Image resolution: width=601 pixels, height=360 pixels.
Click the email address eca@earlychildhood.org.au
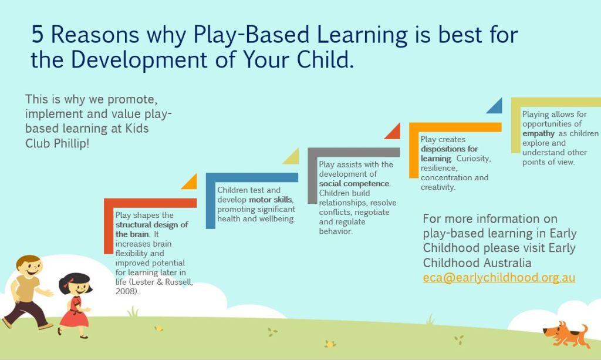(x=499, y=278)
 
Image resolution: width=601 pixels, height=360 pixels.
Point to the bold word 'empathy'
(x=538, y=133)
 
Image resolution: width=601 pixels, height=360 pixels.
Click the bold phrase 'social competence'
(x=354, y=184)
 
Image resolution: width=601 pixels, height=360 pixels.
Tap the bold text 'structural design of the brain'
(x=151, y=229)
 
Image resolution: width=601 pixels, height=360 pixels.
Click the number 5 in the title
(x=38, y=35)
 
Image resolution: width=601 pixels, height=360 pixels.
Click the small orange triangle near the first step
(x=190, y=182)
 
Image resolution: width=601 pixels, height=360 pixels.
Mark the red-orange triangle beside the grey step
(x=393, y=132)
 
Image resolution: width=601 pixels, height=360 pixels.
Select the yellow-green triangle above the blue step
(x=291, y=157)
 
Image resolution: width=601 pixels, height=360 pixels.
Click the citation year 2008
(x=126, y=291)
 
